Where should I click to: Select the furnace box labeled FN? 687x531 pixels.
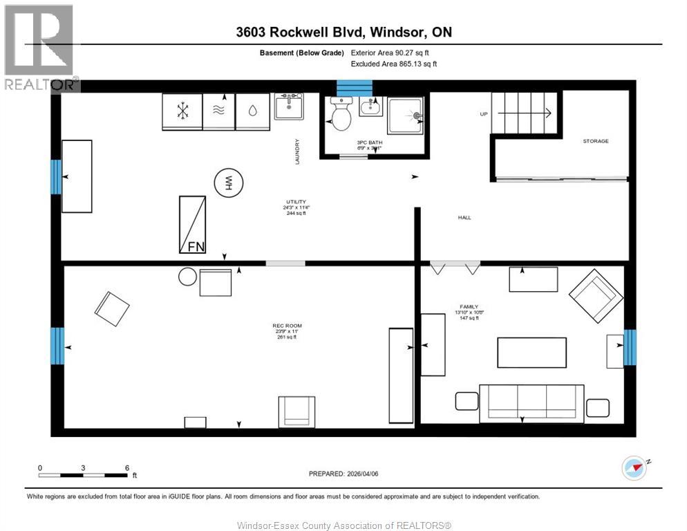click(193, 224)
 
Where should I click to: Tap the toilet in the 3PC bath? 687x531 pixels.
click(341, 115)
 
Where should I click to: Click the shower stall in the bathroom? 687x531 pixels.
click(406, 115)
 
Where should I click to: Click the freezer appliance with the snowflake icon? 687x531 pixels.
click(182, 111)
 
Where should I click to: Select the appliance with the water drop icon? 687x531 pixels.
click(252, 111)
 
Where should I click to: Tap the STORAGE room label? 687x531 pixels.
click(595, 141)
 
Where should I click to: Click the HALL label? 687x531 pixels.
click(464, 218)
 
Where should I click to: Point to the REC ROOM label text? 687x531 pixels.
click(287, 326)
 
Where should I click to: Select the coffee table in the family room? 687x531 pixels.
click(531, 352)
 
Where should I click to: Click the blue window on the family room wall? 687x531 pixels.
click(630, 347)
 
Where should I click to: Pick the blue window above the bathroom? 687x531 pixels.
click(354, 88)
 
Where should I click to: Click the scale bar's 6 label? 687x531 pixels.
click(127, 468)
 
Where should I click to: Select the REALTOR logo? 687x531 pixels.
click(39, 47)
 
